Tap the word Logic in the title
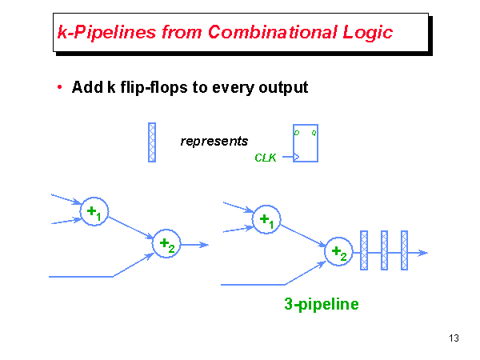[x=366, y=32]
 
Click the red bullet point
[x=60, y=87]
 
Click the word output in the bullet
[x=282, y=87]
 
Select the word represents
[x=214, y=142]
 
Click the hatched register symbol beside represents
[x=152, y=142]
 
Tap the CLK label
[x=266, y=158]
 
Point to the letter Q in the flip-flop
[x=314, y=131]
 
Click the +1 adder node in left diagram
[x=94, y=212]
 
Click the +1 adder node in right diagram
[x=266, y=219]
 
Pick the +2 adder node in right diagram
[x=338, y=252]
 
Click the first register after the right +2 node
[x=364, y=252]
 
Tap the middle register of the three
[x=384, y=252]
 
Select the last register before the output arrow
[x=405, y=252]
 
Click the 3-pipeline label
[x=322, y=304]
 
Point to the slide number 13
[x=454, y=338]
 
